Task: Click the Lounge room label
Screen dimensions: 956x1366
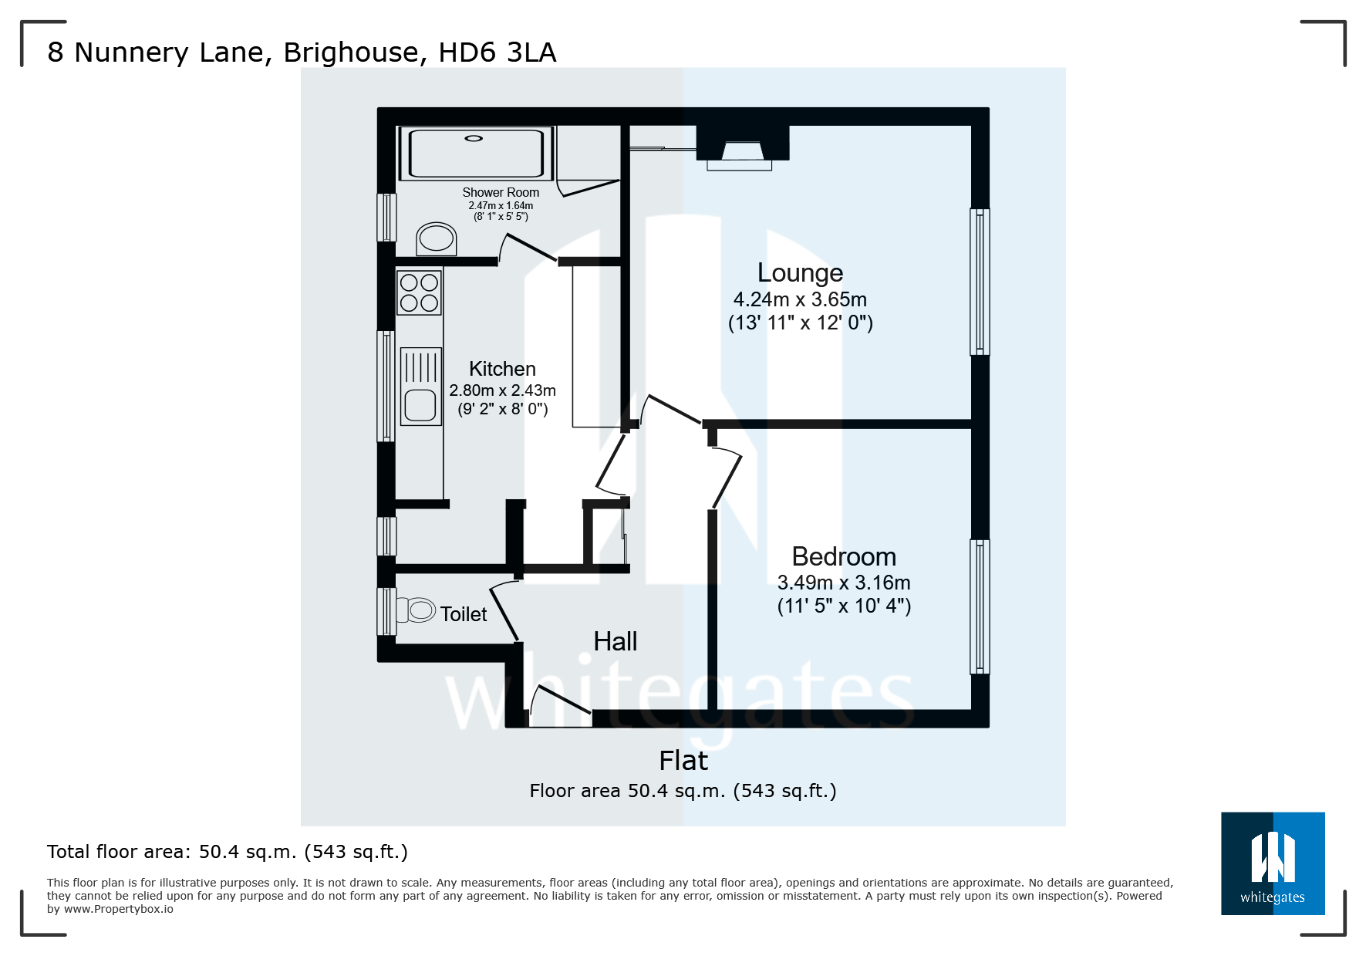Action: (x=800, y=273)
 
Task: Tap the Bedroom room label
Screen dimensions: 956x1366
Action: (x=844, y=557)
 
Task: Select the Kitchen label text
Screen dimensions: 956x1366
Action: (x=502, y=370)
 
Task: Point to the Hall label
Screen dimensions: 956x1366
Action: (x=615, y=642)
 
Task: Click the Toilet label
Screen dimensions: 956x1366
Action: (x=464, y=615)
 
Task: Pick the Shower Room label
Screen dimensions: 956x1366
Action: (x=501, y=193)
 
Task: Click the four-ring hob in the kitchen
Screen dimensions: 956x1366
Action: (x=419, y=292)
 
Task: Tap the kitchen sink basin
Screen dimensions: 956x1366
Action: (x=420, y=405)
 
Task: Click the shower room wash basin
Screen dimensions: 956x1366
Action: (x=437, y=238)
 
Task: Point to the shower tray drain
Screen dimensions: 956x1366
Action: (x=474, y=139)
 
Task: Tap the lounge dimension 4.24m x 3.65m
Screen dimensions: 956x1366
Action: (x=800, y=300)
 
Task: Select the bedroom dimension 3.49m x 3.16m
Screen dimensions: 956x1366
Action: (x=844, y=583)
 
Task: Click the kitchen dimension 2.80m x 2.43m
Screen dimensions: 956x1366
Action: (x=502, y=391)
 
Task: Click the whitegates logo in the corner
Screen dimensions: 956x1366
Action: (x=1272, y=863)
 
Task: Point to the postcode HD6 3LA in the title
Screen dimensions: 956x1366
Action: (x=497, y=52)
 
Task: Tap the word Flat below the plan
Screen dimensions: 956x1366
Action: (x=683, y=762)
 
